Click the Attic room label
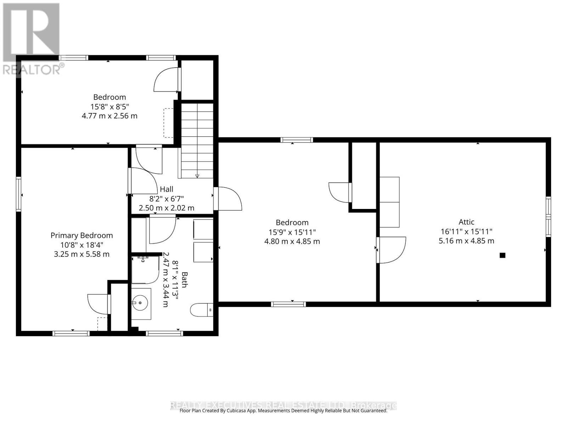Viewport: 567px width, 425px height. click(x=466, y=222)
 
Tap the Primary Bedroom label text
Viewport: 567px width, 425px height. click(x=82, y=236)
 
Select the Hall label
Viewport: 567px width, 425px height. click(x=166, y=189)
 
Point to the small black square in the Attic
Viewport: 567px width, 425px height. click(x=502, y=255)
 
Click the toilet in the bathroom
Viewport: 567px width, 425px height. click(x=201, y=310)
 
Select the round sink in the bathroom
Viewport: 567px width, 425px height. click(x=140, y=303)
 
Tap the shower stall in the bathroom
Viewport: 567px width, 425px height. click(x=144, y=270)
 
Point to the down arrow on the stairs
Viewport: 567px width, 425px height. click(x=197, y=176)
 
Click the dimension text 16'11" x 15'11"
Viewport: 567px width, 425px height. click(x=466, y=232)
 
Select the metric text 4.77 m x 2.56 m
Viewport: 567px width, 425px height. click(x=110, y=116)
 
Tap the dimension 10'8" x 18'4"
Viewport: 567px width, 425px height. click(x=82, y=245)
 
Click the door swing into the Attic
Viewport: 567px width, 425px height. click(x=392, y=250)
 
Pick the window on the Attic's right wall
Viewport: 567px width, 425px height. click(x=548, y=217)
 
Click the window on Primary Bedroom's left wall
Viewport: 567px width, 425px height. click(x=19, y=194)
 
